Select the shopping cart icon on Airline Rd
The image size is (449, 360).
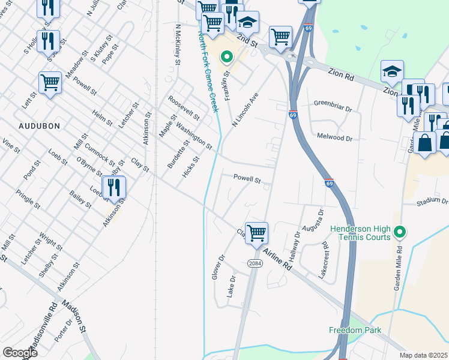coord(256,232)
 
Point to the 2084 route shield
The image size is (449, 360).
coord(255,263)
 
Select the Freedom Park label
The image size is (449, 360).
coord(355,330)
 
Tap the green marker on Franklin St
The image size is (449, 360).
coord(227,58)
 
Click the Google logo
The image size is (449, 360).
coord(20,353)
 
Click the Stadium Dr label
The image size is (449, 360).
coord(432,203)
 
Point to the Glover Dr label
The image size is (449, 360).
coord(217,266)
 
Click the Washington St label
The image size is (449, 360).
coord(193,136)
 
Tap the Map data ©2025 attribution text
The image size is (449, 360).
coord(423,355)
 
